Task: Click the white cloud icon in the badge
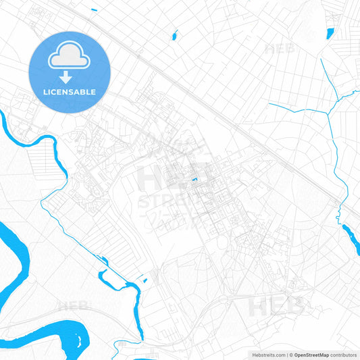(69, 59)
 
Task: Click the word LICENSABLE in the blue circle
(69, 92)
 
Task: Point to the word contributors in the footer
(343, 355)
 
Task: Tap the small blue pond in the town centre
(195, 179)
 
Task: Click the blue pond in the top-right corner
(330, 33)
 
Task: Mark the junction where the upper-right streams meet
(328, 113)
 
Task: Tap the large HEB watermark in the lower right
(277, 305)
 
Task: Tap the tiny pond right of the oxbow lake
(145, 280)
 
